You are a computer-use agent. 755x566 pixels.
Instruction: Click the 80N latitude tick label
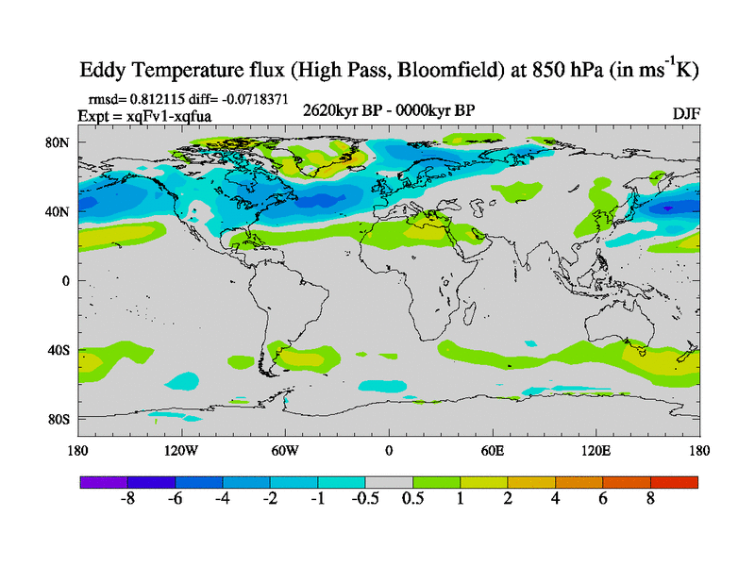click(59, 142)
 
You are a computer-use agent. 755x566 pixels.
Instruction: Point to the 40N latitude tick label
click(59, 211)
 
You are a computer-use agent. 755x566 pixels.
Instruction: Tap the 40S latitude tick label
click(59, 350)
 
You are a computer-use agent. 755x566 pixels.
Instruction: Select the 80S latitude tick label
click(59, 419)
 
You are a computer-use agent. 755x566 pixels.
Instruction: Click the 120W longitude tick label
click(180, 450)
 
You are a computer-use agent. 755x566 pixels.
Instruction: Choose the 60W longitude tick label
click(285, 450)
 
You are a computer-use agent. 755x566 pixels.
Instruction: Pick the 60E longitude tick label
click(493, 450)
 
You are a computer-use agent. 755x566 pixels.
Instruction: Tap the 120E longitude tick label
click(596, 450)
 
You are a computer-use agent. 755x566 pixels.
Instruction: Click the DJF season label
click(685, 113)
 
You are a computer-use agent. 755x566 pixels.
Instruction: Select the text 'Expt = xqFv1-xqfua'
click(144, 115)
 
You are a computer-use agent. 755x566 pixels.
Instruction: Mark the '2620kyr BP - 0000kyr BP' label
click(388, 111)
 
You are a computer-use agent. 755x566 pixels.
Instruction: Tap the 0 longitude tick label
click(389, 450)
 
